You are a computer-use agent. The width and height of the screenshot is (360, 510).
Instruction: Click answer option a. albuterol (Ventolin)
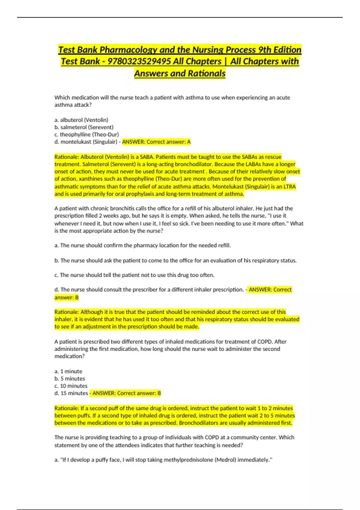click(81, 120)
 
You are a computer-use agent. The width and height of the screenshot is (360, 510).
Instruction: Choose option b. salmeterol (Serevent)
click(84, 127)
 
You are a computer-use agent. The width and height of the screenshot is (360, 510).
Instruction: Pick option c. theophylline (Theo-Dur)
click(87, 134)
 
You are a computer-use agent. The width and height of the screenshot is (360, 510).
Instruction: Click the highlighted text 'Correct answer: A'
click(169, 142)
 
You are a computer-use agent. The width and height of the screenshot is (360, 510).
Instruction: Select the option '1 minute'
click(71, 371)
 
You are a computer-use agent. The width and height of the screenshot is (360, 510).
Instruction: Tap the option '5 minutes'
click(73, 379)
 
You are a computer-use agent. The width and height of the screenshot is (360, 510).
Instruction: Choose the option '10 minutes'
click(74, 386)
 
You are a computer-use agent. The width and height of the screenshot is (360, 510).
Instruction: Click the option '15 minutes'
click(74, 393)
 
